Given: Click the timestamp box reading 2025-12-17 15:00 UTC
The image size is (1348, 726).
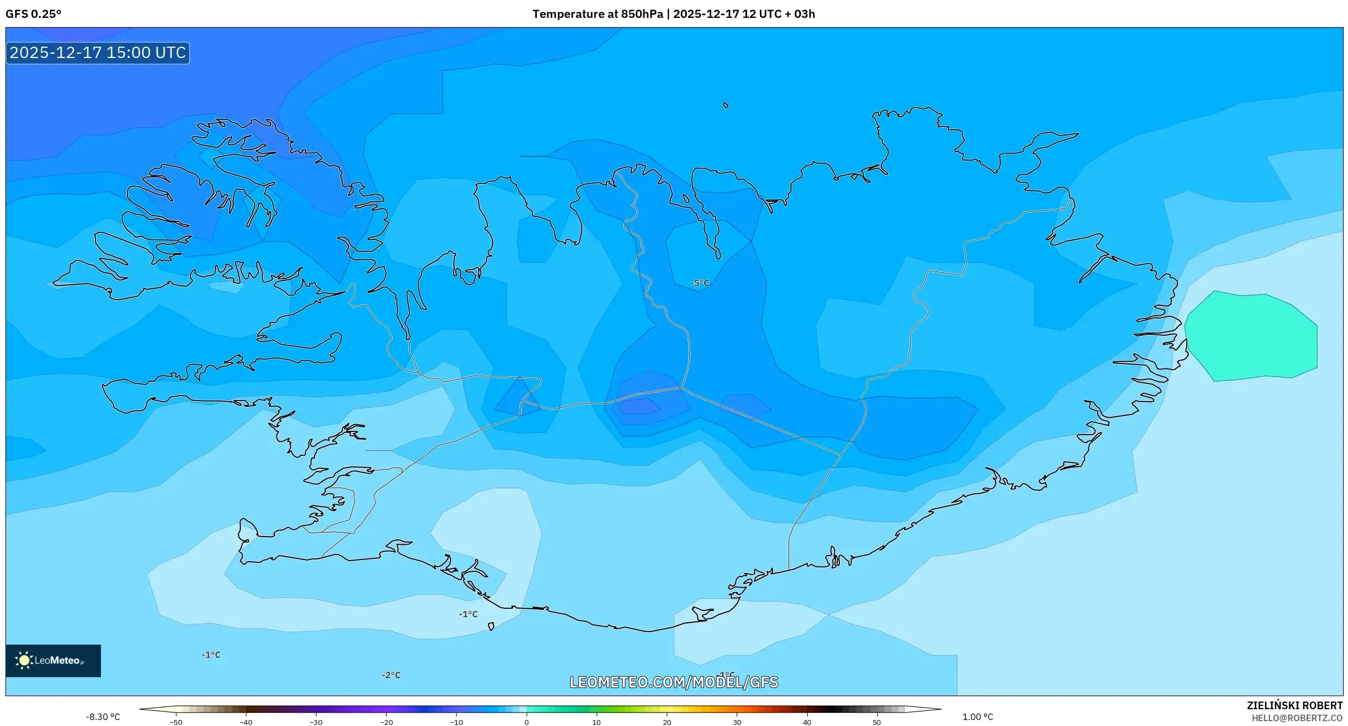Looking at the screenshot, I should click(98, 53).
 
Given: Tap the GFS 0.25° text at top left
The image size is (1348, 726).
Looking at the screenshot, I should click(33, 14).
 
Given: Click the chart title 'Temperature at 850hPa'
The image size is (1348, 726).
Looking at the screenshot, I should click(597, 14).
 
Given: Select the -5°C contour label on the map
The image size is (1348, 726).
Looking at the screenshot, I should click(700, 283).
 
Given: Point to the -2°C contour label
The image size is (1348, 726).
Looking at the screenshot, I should click(391, 676).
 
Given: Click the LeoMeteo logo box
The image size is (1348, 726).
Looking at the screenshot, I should click(53, 661).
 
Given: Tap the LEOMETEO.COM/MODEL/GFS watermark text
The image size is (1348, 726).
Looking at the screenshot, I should click(673, 683).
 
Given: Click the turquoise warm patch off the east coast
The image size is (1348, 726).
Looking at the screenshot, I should click(1251, 336).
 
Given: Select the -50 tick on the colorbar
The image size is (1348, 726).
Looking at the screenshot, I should click(176, 722).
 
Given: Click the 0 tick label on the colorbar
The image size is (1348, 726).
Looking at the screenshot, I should click(527, 722).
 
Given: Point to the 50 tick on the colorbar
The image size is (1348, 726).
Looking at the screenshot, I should click(877, 722).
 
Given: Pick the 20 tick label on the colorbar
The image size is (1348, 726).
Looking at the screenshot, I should click(667, 722).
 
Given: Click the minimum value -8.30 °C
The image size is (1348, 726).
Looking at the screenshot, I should click(103, 717).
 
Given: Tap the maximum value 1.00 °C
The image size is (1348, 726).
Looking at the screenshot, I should click(977, 717).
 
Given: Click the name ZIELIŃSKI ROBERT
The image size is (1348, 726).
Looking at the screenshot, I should click(1294, 705).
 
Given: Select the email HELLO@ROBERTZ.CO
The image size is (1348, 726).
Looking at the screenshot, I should click(1296, 718).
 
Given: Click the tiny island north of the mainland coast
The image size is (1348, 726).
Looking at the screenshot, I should click(725, 105).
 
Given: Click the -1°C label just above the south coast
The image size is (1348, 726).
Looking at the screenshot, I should click(468, 614).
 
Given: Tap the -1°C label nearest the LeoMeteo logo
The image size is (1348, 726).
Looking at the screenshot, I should click(211, 655).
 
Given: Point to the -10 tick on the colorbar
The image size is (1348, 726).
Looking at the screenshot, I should click(456, 722).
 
